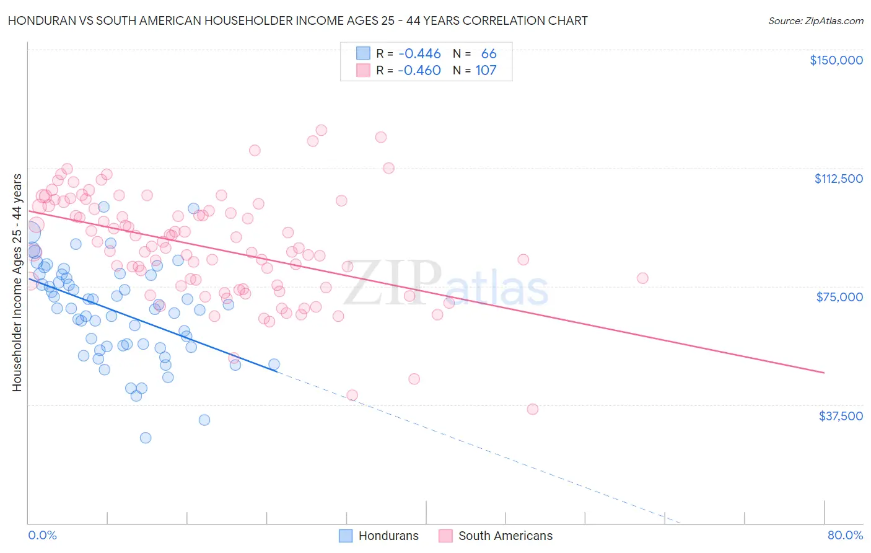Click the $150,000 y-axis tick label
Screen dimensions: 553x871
click(x=836, y=60)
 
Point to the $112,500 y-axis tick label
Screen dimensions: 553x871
click(x=838, y=179)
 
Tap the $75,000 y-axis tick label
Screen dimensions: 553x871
click(x=839, y=297)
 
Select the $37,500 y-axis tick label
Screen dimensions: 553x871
click(x=840, y=416)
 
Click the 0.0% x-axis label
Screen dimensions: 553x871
click(x=42, y=535)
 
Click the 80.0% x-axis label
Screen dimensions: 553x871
click(x=845, y=535)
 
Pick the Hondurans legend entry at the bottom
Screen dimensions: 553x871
click(x=379, y=536)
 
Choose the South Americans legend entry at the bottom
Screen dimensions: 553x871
click(x=496, y=536)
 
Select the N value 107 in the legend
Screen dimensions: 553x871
click(x=486, y=70)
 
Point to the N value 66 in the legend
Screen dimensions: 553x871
click(x=489, y=54)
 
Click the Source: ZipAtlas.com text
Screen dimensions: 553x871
click(x=815, y=20)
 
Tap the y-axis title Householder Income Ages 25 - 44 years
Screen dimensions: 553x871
click(x=17, y=283)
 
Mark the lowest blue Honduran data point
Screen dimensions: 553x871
click(x=146, y=438)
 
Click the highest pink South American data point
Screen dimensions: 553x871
click(x=321, y=130)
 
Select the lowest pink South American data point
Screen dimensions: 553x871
click(x=533, y=409)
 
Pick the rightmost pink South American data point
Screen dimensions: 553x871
click(x=642, y=278)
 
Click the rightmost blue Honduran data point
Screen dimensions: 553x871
click(x=274, y=365)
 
